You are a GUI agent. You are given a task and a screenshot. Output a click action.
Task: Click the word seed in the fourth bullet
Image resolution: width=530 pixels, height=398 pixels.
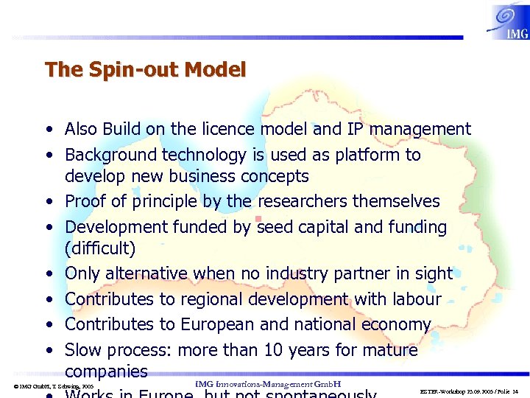[275, 227]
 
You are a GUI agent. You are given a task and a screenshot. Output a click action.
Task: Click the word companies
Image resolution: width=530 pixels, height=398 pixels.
[106, 371]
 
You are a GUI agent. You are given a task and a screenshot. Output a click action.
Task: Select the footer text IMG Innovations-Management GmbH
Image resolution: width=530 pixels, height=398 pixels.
[268, 384]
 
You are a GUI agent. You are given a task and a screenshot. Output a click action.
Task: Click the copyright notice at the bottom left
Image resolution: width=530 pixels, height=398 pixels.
[54, 386]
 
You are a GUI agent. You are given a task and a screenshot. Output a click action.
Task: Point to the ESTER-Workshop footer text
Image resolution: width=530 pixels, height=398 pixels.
[468, 390]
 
